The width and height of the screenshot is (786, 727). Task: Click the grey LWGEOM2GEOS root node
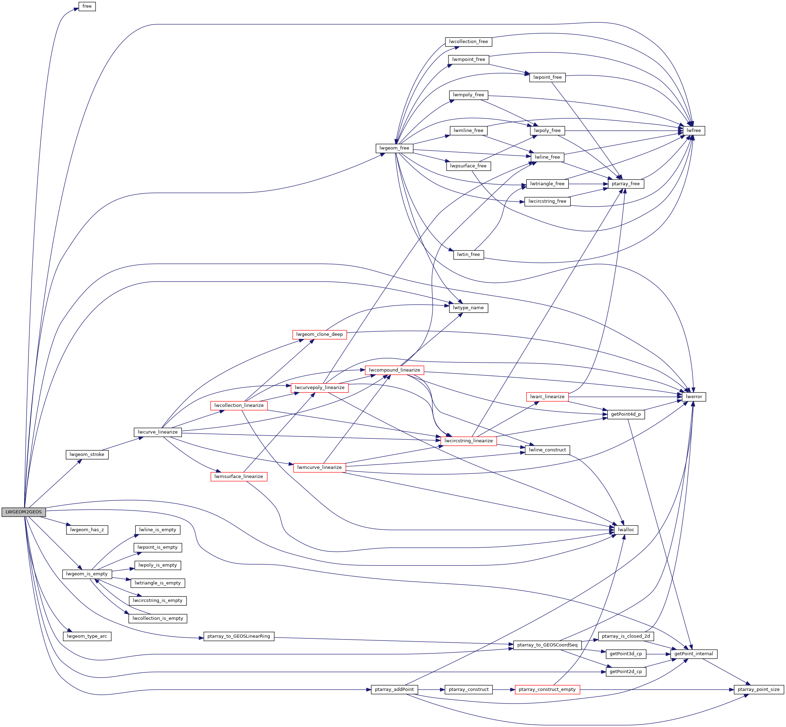click(x=23, y=512)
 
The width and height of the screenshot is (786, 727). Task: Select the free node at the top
click(x=87, y=6)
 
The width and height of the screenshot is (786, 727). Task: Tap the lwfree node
click(x=694, y=131)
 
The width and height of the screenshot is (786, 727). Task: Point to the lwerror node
click(x=694, y=396)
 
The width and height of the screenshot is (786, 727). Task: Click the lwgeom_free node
click(x=394, y=148)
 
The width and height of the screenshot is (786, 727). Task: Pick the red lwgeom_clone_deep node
click(x=319, y=334)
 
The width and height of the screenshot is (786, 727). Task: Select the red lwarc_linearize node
click(x=547, y=396)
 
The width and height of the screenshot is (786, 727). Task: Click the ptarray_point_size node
click(x=758, y=690)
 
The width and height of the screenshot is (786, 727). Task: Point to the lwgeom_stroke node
click(x=87, y=455)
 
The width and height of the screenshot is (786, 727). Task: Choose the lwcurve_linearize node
click(x=158, y=432)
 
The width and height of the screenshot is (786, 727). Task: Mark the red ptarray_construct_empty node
click(x=547, y=690)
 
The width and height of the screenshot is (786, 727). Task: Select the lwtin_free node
click(x=468, y=255)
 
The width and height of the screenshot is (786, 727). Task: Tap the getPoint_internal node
click(x=694, y=654)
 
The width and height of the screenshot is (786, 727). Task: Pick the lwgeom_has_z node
click(x=87, y=530)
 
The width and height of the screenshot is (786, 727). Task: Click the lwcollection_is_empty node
click(x=158, y=618)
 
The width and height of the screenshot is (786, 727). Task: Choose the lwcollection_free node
click(x=468, y=42)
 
